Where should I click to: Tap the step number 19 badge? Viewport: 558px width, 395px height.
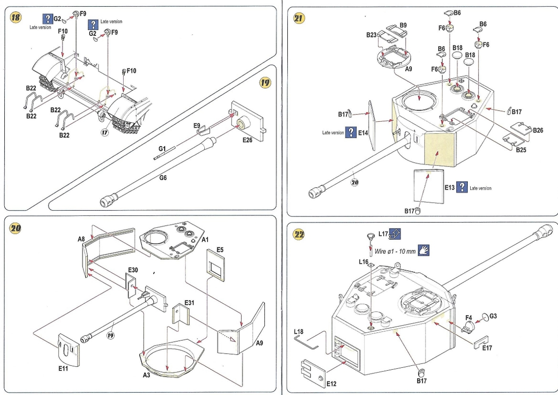coord(265,82)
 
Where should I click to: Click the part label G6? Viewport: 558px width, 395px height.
coord(163,178)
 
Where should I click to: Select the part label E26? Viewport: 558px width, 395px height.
coord(248,140)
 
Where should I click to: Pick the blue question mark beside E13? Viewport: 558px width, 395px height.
coord(462,187)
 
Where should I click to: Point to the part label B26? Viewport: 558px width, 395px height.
coord(538,130)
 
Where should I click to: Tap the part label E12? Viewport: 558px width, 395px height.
coord(331,383)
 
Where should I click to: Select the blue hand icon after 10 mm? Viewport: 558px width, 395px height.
coord(424,250)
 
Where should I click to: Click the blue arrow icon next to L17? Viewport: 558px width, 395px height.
coord(395,234)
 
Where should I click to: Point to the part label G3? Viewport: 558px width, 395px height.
coord(492,316)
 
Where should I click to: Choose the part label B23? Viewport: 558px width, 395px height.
coord(372,35)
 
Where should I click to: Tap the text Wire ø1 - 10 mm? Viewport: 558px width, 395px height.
coord(395,251)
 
